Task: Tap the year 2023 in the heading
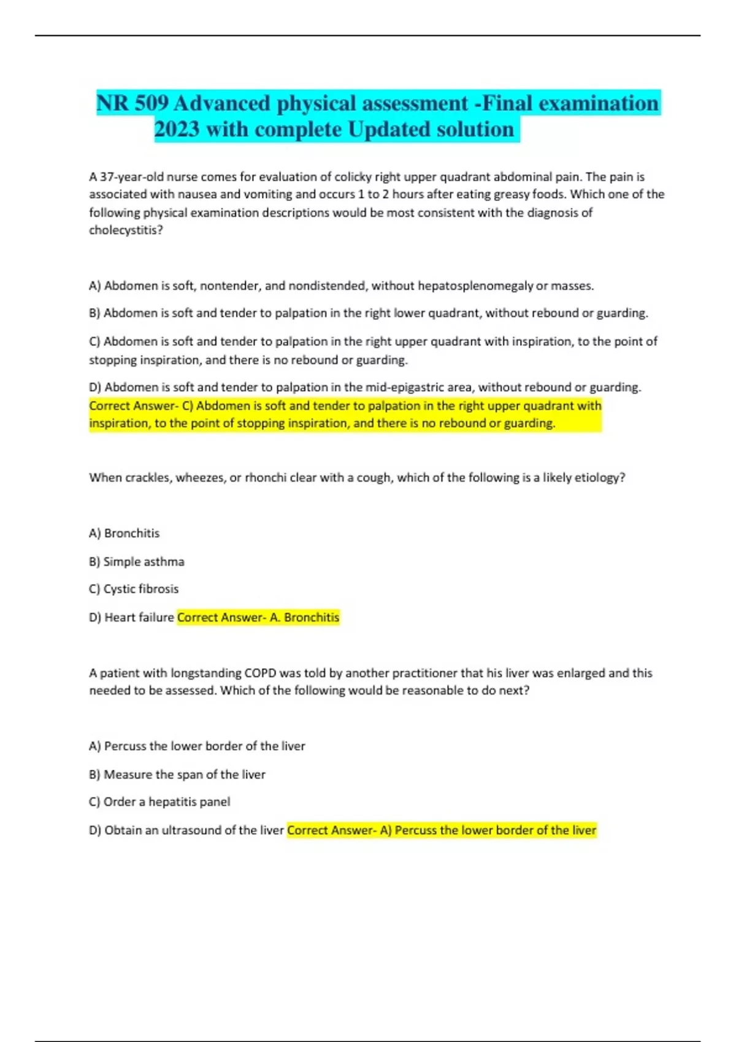tap(177, 129)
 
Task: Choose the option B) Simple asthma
tap(137, 561)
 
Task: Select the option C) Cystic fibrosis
tap(134, 589)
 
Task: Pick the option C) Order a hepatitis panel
tap(159, 802)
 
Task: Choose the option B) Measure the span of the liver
tap(177, 775)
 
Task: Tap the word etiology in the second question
tap(596, 477)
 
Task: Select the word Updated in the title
tap(389, 129)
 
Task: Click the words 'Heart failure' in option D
tap(139, 617)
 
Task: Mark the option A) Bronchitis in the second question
tap(124, 533)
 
